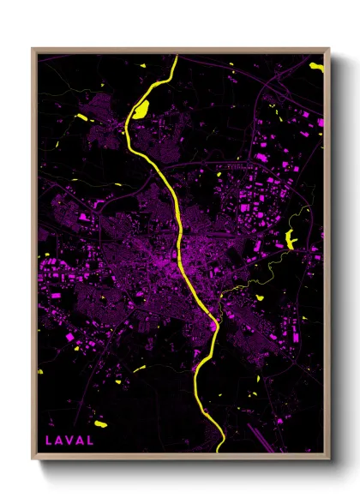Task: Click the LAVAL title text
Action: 69,441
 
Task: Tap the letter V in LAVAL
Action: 69,441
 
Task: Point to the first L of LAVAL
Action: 48,441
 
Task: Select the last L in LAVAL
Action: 91,441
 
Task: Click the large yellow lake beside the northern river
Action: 140,109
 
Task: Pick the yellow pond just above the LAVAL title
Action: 100,423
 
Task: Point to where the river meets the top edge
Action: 175,57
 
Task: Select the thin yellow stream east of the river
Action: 257,283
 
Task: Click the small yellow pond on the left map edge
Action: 40,371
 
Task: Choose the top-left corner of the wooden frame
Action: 33,49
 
